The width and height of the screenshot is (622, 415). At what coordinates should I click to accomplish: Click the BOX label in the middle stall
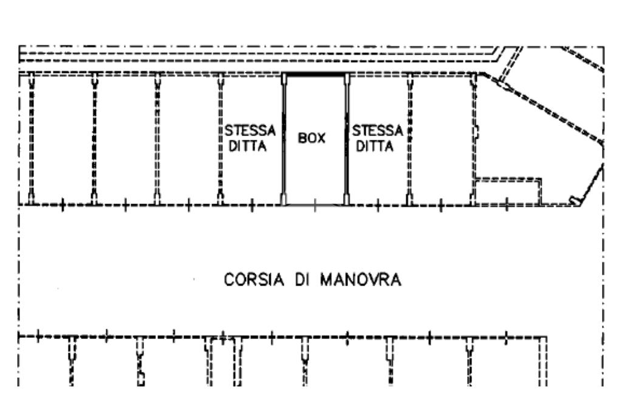tap(312, 139)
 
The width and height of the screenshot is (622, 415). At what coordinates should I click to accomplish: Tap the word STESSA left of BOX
tap(250, 131)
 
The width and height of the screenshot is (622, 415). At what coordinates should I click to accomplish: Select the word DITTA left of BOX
tap(248, 146)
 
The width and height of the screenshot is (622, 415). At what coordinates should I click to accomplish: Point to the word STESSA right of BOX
tap(378, 131)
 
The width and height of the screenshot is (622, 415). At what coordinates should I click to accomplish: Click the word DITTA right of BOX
tap(375, 146)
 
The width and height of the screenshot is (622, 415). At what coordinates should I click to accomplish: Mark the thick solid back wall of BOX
tap(315, 74)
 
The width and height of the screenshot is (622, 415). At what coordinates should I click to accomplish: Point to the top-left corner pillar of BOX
tap(284, 79)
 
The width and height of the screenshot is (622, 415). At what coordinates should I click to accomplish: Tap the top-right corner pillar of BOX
tap(347, 79)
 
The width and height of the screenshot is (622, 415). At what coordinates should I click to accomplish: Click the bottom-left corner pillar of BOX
tap(284, 198)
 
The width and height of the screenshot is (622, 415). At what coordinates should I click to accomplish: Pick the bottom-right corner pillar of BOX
tap(347, 198)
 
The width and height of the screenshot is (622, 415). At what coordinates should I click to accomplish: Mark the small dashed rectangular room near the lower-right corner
tap(508, 191)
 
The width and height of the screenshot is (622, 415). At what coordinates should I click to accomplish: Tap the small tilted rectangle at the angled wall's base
tap(573, 200)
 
